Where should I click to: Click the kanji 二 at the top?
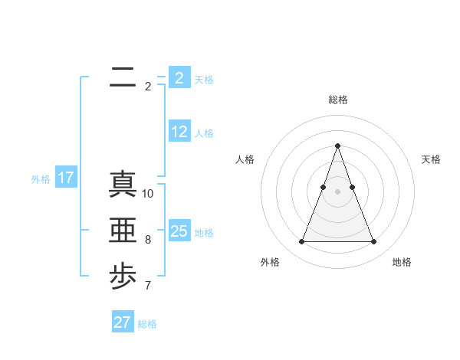[x=123, y=78]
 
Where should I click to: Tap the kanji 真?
[x=123, y=184]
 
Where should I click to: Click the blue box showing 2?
[x=179, y=78]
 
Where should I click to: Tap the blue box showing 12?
[x=179, y=132]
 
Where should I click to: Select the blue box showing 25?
[x=179, y=231]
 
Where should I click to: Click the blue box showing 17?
[x=66, y=178]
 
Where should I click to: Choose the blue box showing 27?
[x=123, y=322]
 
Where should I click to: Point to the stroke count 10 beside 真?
[x=148, y=194]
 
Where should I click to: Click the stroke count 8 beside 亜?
[x=148, y=240]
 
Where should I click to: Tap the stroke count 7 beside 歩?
[x=148, y=286]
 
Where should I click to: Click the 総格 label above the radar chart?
[x=337, y=100]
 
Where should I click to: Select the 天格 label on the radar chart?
[x=432, y=159]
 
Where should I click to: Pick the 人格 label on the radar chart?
[x=245, y=159]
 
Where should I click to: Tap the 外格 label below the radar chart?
[x=270, y=262]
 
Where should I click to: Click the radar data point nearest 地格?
[x=373, y=242]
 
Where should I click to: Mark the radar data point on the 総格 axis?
[x=337, y=146]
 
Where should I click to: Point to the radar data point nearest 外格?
[x=301, y=242]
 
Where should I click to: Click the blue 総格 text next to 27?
[x=148, y=324]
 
